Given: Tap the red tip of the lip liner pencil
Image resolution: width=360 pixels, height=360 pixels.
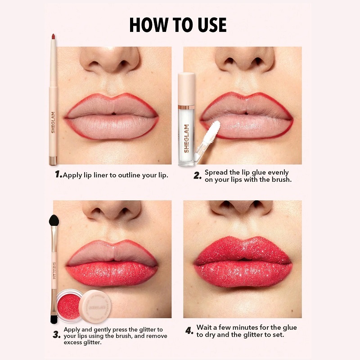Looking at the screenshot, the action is pyautogui.click(x=53, y=36).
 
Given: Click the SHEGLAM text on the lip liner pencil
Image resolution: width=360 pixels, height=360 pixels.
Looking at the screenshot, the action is pyautogui.click(x=53, y=122).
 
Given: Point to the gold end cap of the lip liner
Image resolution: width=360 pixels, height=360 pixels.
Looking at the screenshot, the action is pyautogui.click(x=53, y=161).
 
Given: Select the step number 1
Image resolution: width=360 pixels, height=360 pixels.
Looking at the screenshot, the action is pyautogui.click(x=58, y=174).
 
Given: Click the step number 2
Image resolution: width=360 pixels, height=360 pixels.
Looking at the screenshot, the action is pyautogui.click(x=198, y=175).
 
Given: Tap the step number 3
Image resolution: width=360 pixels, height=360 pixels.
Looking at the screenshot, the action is pyautogui.click(x=57, y=335).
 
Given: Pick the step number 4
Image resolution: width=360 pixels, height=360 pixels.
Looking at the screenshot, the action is pyautogui.click(x=189, y=331).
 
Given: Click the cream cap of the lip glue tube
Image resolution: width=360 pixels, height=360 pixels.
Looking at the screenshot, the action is pyautogui.click(x=186, y=89).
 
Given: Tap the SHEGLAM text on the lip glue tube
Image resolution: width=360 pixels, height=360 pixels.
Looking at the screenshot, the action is pyautogui.click(x=186, y=139).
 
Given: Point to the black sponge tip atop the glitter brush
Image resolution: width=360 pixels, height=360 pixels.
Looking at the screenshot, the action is pyautogui.click(x=54, y=220).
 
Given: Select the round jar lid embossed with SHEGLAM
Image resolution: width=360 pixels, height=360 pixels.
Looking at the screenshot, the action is pyautogui.click(x=94, y=307).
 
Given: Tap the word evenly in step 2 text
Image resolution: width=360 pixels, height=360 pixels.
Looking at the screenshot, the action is pyautogui.click(x=278, y=173).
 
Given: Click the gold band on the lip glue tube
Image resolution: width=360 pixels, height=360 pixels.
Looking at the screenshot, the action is pyautogui.click(x=186, y=107).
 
